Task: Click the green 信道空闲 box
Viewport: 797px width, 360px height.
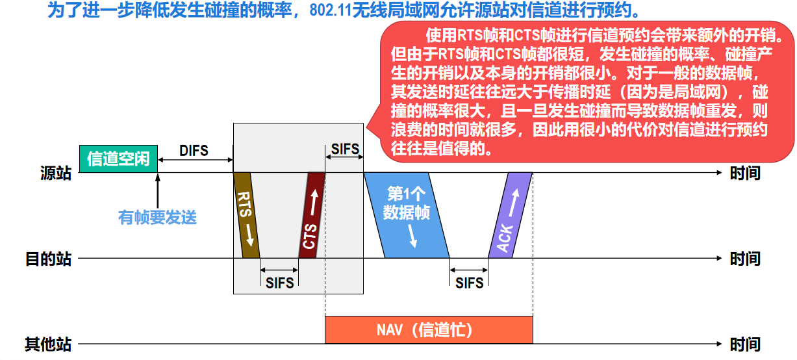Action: coord(118,159)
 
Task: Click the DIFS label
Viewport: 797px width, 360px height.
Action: coord(194,151)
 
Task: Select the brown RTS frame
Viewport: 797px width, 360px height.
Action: coord(246,215)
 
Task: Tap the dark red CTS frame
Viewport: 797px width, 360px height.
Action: coord(312,215)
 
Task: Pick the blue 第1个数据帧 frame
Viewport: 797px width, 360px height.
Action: coord(407,215)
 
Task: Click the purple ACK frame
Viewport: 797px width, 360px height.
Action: coord(510,215)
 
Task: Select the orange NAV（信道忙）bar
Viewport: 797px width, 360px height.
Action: coord(429,329)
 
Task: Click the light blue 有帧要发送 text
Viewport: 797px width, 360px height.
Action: coord(157,217)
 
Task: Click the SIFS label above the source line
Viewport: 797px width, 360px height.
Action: coord(345,149)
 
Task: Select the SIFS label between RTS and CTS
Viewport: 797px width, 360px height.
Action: coord(279,283)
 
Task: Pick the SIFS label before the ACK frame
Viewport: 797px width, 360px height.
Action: coord(469,283)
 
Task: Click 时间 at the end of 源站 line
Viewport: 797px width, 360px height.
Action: coord(745,174)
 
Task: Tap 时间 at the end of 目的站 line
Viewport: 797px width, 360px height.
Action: coord(745,259)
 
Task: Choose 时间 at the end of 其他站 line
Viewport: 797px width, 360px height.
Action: coord(745,344)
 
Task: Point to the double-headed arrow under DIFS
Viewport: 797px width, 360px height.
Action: coord(195,161)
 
